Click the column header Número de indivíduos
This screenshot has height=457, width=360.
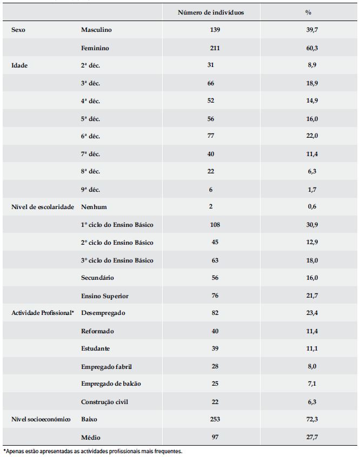[211, 12]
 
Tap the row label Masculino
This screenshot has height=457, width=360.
[96, 30]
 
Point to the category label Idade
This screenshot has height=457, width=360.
[19, 65]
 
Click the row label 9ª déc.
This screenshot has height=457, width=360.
[90, 190]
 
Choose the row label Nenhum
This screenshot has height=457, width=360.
[94, 207]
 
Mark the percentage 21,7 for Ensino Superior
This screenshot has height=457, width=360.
[311, 296]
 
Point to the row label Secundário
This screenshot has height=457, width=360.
[97, 278]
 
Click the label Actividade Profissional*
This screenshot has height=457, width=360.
[42, 313]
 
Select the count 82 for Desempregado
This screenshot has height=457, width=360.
[215, 313]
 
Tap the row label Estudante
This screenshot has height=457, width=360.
[96, 349]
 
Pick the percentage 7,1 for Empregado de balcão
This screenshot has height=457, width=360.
[311, 384]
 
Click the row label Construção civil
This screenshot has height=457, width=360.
[104, 402]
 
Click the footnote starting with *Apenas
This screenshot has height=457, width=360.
[92, 451]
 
